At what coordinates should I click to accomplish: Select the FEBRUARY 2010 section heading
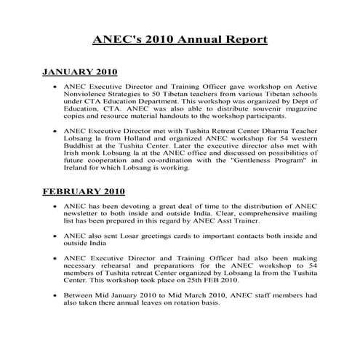[83, 193]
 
